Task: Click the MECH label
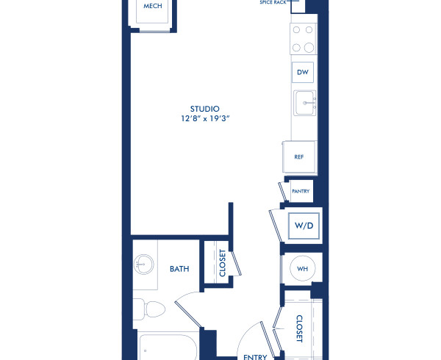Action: [x=153, y=7]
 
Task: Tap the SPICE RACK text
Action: [x=274, y=3]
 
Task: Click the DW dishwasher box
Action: [x=302, y=73]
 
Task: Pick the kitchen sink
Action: [x=304, y=104]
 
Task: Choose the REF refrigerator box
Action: [x=299, y=157]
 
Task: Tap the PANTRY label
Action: [x=301, y=192]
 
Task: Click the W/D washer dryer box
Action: [x=304, y=226]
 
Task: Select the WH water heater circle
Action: [x=302, y=270]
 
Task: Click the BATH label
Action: [x=180, y=269]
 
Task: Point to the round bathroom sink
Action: [x=143, y=264]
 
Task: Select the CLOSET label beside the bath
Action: [x=222, y=262]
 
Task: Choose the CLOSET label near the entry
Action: [x=299, y=328]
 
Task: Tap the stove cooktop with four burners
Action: [x=303, y=39]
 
